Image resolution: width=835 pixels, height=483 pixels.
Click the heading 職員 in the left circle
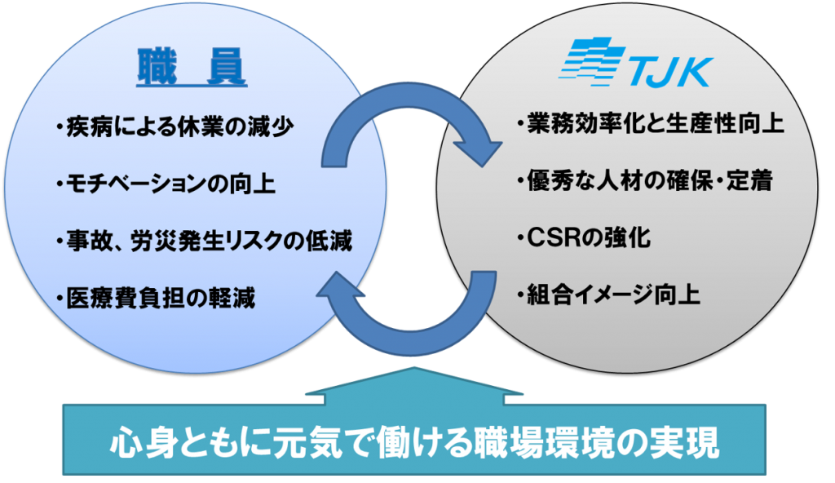pos(191,69)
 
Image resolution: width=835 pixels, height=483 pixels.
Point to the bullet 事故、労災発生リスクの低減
pos(204,241)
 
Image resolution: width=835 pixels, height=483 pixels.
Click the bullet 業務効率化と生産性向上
pos(651,125)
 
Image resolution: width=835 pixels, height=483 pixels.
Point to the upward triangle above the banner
pos(417,384)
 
